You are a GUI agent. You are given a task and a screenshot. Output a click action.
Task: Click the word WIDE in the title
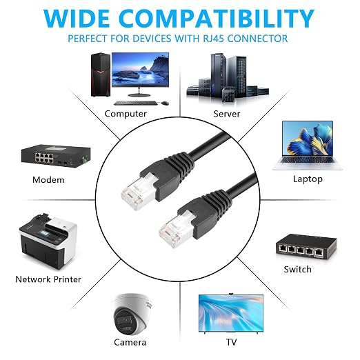(77, 19)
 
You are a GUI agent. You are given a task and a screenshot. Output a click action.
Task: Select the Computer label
(126, 114)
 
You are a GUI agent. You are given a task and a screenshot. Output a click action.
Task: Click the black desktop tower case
(101, 74)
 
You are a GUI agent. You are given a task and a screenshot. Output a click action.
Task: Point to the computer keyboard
(136, 103)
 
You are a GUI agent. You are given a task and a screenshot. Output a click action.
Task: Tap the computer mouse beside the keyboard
(165, 103)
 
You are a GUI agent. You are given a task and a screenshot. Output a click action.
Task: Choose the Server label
(227, 114)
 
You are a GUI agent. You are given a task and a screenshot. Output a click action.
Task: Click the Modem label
(48, 180)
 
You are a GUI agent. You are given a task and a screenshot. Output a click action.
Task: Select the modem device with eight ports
(56, 156)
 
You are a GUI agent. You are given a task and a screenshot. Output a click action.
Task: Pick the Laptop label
(308, 179)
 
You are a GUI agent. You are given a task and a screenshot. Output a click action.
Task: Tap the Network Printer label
(48, 279)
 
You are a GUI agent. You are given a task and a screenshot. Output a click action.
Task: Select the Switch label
(297, 269)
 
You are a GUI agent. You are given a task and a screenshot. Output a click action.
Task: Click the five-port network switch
(306, 247)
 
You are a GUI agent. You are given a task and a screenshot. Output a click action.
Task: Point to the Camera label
(130, 342)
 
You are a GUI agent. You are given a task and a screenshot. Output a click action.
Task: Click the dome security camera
(132, 314)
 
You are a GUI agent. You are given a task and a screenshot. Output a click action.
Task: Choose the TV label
(231, 342)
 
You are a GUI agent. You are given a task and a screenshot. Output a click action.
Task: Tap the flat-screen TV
(231, 313)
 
